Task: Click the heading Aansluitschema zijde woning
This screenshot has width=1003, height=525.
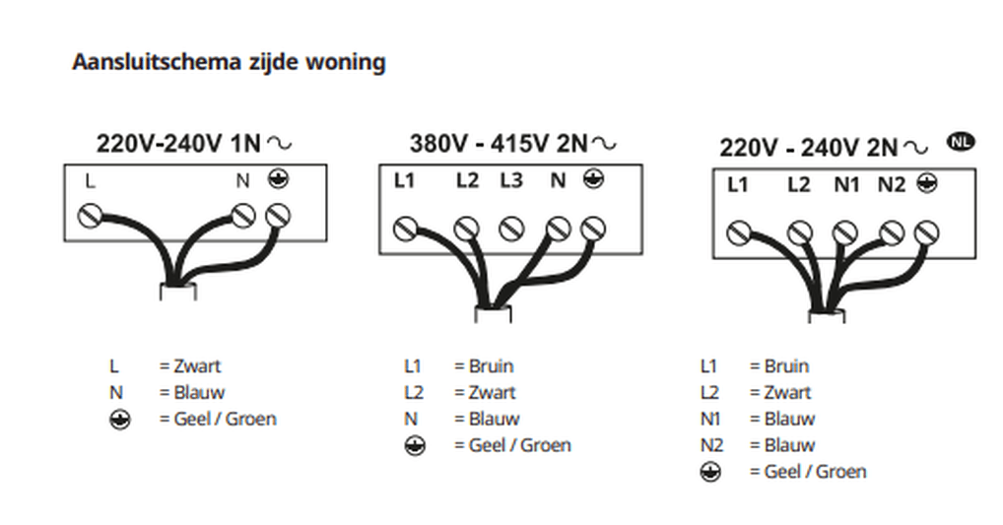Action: tap(229, 62)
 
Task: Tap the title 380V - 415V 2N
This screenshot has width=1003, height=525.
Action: tap(498, 144)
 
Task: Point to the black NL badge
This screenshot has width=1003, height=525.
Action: tap(961, 141)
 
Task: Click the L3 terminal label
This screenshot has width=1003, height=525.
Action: tap(510, 180)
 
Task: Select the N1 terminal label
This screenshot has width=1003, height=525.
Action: tap(846, 184)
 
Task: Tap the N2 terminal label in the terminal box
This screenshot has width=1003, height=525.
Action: tap(891, 184)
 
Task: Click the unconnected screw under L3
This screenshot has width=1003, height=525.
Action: tap(509, 230)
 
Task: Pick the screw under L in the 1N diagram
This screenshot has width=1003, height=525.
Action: tap(91, 215)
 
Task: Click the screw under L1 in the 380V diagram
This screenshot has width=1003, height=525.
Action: tap(404, 230)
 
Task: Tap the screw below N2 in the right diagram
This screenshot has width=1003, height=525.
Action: tap(892, 233)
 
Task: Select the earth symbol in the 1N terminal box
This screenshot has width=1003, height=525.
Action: tap(278, 179)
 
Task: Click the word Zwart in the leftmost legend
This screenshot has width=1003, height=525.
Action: tap(197, 366)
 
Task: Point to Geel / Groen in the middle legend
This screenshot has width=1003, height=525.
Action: tap(520, 445)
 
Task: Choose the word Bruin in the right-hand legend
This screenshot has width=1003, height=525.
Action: tap(786, 366)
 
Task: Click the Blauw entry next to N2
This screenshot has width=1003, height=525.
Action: tap(789, 445)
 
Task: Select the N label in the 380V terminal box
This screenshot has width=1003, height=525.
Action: tap(558, 180)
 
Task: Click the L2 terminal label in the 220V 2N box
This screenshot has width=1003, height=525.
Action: tap(799, 184)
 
